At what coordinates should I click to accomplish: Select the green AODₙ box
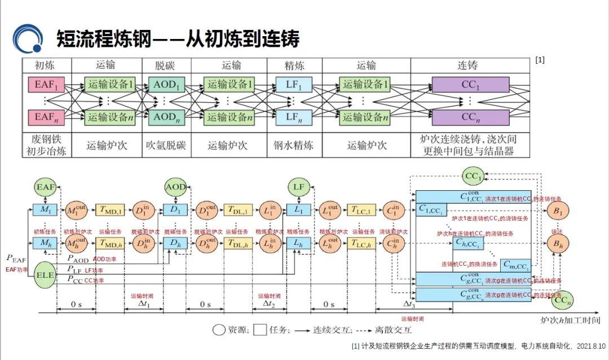coord(166,117)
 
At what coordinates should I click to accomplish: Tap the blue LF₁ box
coord(291,85)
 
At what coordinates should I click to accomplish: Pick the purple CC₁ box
coord(466,85)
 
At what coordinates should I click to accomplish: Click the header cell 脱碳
coord(166,65)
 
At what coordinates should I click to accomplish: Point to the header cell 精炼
coord(291,65)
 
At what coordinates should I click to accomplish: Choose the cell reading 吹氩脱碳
coord(166,146)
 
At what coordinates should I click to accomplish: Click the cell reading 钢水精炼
coord(291,146)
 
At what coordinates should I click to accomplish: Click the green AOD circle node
coord(175,186)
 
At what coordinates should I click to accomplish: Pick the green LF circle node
coord(299,186)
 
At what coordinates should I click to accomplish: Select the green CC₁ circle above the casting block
coord(474,177)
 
